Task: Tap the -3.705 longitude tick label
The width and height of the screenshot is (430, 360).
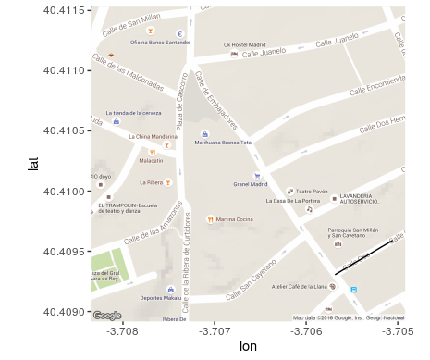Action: click(399, 330)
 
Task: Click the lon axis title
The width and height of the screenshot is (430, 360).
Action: click(248, 347)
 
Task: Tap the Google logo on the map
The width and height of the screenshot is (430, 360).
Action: click(107, 316)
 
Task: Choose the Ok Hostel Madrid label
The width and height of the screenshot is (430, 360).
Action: click(246, 43)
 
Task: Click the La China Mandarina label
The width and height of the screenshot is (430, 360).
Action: click(152, 136)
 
